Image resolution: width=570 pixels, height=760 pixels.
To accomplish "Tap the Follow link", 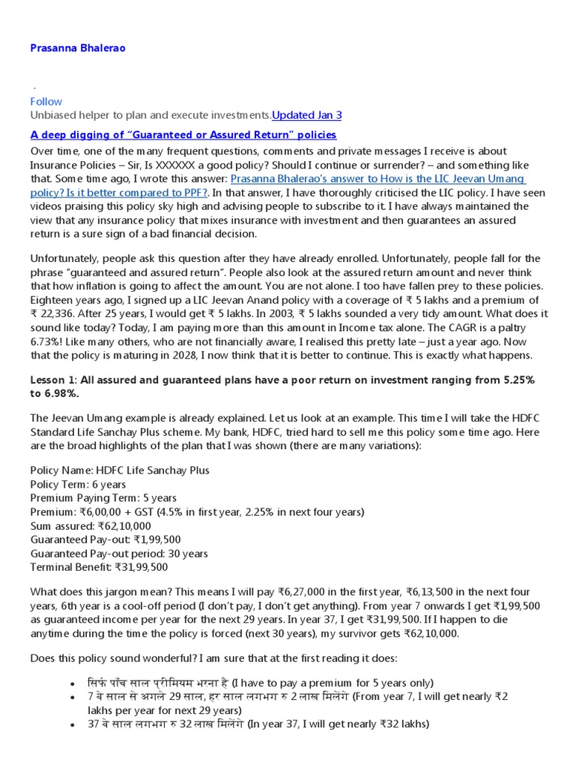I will coord(46,102).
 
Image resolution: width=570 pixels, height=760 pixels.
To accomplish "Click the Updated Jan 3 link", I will coord(307,115).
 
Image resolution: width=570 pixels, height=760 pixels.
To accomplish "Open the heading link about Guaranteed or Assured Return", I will coord(183,134).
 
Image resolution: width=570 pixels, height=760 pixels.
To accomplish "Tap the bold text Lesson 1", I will coord(54,380).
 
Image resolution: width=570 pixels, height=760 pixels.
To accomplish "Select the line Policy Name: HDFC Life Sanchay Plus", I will coord(119,470).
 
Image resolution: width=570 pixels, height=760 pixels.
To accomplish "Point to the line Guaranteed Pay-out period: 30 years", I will coord(119,554).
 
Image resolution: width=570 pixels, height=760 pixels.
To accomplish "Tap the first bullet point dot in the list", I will coord(72,684).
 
